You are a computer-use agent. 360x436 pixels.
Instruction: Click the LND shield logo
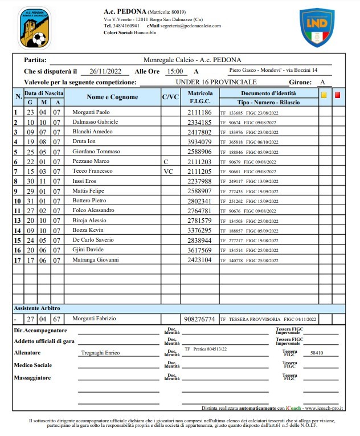coord(317,27)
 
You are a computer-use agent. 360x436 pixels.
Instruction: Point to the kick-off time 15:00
coord(174,71)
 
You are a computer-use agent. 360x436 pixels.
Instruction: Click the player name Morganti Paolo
coord(91,112)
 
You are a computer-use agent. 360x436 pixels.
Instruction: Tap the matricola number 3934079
coord(199,142)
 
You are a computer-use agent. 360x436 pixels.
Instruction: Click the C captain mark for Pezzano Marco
coord(166,161)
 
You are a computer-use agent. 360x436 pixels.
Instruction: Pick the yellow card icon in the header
coord(324,95)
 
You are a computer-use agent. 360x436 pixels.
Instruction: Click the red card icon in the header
coord(337,95)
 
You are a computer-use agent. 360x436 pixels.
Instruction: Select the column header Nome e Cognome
coord(112,97)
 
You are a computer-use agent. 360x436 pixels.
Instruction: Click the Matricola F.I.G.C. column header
coord(200,97)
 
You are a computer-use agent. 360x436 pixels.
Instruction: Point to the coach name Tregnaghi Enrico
coord(100,353)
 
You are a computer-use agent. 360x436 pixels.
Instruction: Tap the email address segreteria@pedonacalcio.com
coord(190,26)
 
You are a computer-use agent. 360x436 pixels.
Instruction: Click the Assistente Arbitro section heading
coord(38,308)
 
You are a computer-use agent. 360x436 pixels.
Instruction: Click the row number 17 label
coord(18,260)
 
